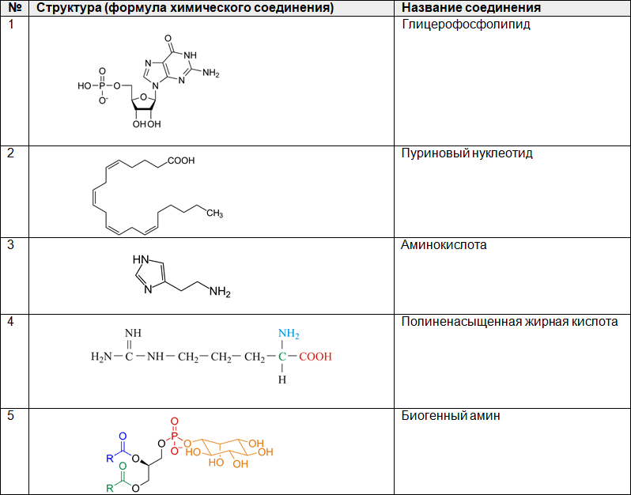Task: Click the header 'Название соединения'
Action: point(470,8)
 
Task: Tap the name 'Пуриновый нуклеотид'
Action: point(467,153)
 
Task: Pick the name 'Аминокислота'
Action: point(444,245)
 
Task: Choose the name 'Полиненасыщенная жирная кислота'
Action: point(509,322)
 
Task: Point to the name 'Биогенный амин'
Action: point(451,416)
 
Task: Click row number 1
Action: point(11,24)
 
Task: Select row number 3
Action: point(11,244)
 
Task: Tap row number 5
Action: point(11,415)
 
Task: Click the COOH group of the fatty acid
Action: point(181,161)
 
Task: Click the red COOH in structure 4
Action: point(315,357)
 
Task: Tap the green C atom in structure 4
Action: point(281,357)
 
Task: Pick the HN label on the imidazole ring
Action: point(141,259)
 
